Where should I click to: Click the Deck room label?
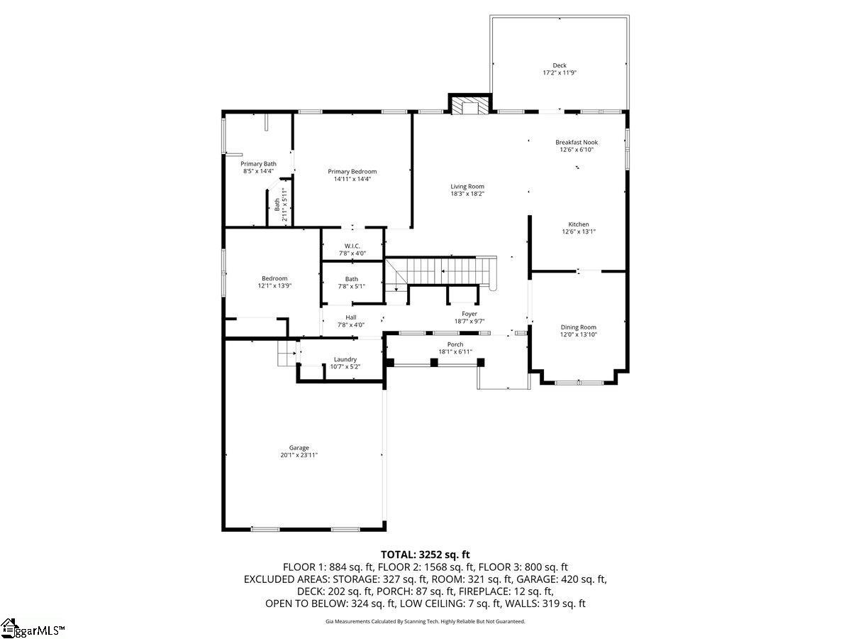click(x=559, y=65)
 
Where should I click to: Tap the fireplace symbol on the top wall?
click(x=470, y=105)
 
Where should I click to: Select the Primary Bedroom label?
click(x=352, y=172)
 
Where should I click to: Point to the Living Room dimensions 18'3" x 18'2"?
click(x=467, y=194)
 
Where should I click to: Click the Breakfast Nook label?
click(x=577, y=143)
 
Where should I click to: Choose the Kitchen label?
click(x=579, y=224)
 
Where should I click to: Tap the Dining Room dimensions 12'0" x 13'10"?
click(x=579, y=334)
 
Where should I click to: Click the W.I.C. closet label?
click(x=352, y=246)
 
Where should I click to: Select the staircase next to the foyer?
click(x=440, y=272)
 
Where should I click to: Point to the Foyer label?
click(x=469, y=314)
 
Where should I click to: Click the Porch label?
click(x=455, y=344)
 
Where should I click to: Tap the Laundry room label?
click(x=345, y=360)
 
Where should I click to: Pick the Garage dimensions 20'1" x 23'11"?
click(x=299, y=455)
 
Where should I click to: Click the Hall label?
click(x=351, y=317)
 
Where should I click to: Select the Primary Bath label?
click(x=258, y=164)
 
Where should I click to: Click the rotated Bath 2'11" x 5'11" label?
click(x=281, y=204)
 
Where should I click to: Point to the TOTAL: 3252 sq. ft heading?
click(x=425, y=555)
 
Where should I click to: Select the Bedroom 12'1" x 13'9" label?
click(x=274, y=282)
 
